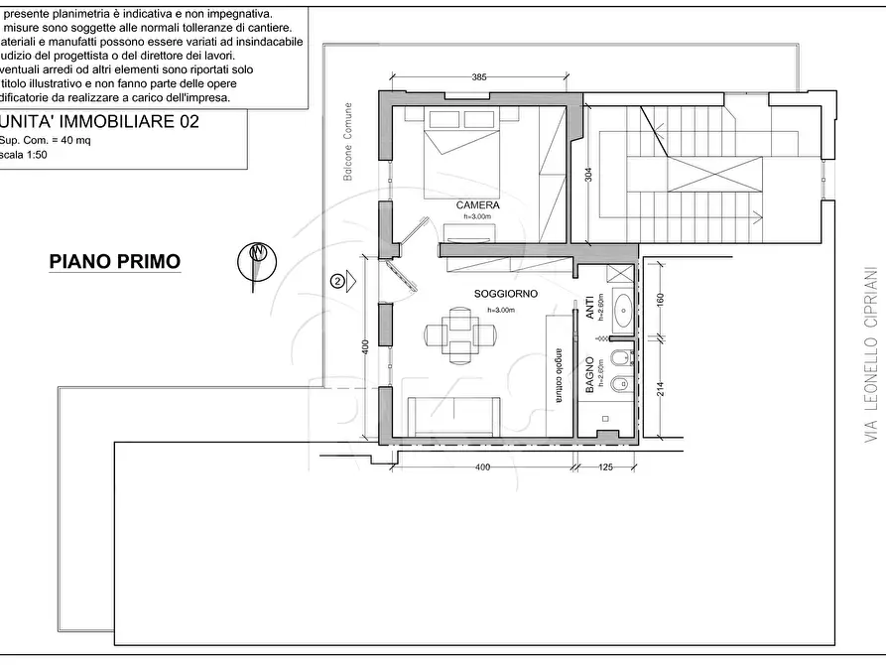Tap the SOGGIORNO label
(506, 295)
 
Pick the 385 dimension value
(479, 77)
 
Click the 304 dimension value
(588, 177)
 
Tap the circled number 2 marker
(338, 282)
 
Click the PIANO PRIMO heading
(115, 262)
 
